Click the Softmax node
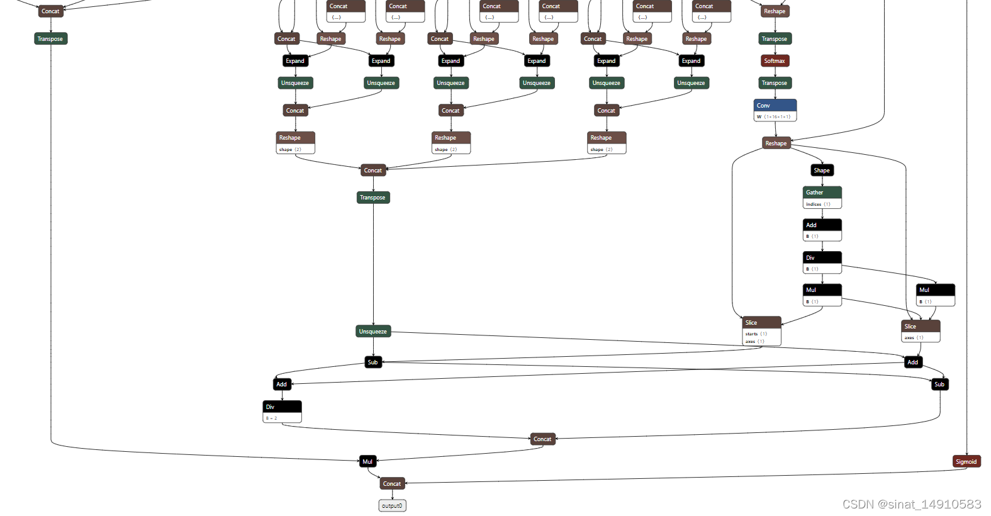point(775,61)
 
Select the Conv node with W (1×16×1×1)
point(775,109)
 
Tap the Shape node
point(822,171)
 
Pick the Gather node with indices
point(822,197)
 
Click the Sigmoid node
point(966,462)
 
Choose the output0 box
point(392,506)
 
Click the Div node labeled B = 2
point(282,412)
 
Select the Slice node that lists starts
point(762,330)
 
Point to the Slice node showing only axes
point(921,330)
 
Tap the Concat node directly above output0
point(392,484)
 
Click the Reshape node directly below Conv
point(776,143)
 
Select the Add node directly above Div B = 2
point(281,384)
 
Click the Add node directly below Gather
point(822,230)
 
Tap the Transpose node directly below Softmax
point(775,83)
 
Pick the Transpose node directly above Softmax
point(775,39)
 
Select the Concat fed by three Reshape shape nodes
point(372,171)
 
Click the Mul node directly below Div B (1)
point(822,294)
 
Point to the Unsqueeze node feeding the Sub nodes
point(373,332)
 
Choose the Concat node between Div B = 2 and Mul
point(542,439)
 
